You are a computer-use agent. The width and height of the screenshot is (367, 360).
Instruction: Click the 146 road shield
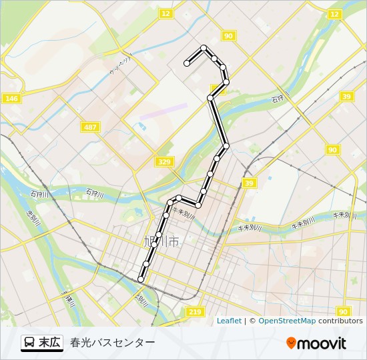click(x=11, y=99)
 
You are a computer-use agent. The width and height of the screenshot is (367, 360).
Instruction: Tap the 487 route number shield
click(x=90, y=127)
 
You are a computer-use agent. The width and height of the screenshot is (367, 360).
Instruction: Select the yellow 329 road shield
click(x=164, y=161)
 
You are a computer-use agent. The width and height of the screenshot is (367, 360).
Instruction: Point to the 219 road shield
click(x=195, y=312)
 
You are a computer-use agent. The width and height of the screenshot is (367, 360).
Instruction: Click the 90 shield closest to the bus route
click(x=229, y=36)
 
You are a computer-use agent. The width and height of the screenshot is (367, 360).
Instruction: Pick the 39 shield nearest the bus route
click(x=250, y=183)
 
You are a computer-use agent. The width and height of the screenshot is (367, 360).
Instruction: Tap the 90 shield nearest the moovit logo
click(x=343, y=311)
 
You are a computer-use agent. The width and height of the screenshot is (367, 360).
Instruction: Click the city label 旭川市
click(x=161, y=242)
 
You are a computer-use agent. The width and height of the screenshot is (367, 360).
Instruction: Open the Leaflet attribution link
click(x=229, y=321)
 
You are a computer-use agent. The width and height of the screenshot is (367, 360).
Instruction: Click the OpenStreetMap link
click(x=287, y=321)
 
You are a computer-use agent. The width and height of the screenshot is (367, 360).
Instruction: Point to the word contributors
click(x=340, y=321)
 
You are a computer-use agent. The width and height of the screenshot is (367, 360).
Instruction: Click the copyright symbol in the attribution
click(x=252, y=321)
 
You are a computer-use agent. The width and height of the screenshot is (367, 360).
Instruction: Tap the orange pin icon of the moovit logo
click(x=291, y=343)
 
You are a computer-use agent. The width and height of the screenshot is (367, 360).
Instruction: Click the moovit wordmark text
click(x=322, y=343)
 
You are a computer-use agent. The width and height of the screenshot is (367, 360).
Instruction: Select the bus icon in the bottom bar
click(x=30, y=343)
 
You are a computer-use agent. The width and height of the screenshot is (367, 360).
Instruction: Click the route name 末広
click(x=49, y=342)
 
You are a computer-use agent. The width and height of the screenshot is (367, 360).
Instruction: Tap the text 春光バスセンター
click(x=112, y=343)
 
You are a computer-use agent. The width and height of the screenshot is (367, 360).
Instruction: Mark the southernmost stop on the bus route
click(x=141, y=279)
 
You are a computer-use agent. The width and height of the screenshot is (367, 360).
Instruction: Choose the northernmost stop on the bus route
click(x=204, y=47)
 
